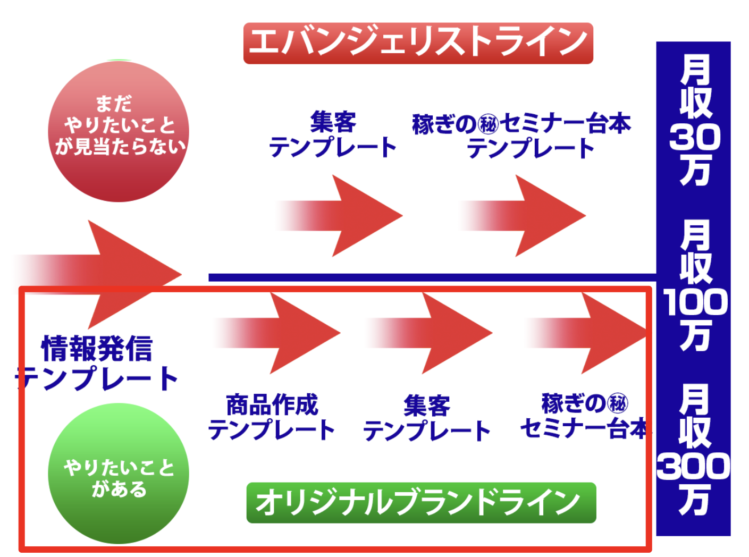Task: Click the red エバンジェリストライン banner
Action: (418, 43)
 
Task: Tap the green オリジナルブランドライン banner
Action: (421, 503)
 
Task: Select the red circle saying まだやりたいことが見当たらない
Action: (119, 131)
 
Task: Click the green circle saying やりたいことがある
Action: (119, 474)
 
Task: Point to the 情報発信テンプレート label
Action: (97, 364)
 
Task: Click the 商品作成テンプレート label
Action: (272, 418)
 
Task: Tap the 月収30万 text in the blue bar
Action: (694, 120)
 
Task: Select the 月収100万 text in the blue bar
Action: (694, 285)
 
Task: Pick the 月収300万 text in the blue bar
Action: (694, 450)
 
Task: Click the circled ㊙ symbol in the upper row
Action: (488, 124)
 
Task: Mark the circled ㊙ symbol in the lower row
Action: (618, 404)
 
